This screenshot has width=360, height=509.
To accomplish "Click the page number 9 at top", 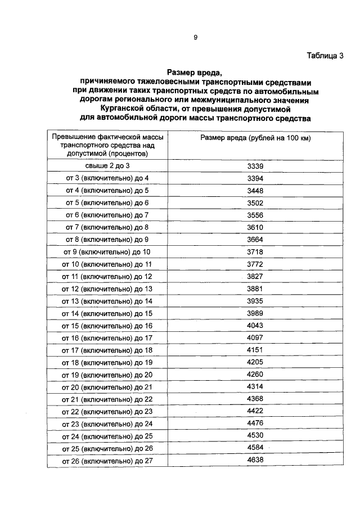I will point(195,37).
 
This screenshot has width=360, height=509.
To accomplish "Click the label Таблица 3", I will point(325,55).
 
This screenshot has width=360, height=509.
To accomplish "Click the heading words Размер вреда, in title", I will point(195,73).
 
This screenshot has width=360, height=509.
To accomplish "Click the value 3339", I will point(255,165).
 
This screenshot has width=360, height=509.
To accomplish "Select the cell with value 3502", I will point(255,202).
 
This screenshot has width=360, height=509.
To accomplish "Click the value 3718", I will point(255,251).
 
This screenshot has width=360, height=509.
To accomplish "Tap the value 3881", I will point(255,289).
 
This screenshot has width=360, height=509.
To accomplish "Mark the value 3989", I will point(255,313).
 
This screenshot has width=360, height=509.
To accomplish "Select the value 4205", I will point(255,362).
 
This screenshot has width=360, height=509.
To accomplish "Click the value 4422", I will point(255,411).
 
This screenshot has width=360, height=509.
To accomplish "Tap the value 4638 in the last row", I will point(255,460).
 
